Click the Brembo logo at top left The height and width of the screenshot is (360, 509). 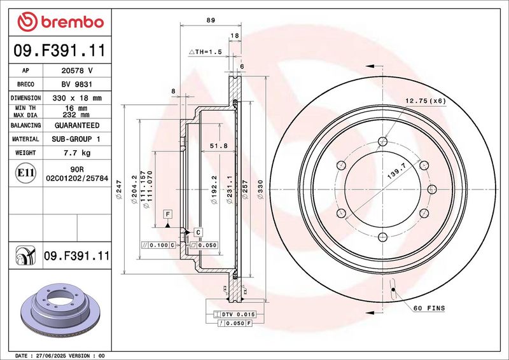click(x=60, y=22)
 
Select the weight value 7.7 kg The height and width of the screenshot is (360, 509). click(x=77, y=153)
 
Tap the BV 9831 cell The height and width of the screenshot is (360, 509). click(x=77, y=84)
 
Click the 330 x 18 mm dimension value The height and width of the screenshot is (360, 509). click(x=77, y=98)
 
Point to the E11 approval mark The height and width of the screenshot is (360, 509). click(x=25, y=173)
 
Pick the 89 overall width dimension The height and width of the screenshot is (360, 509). click(x=211, y=20)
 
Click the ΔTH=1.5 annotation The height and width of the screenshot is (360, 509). click(x=205, y=52)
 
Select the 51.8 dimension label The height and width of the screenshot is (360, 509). click(x=218, y=146)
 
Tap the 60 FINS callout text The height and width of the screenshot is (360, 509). click(x=429, y=308)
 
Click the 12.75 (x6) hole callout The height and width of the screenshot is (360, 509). click(x=426, y=101)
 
